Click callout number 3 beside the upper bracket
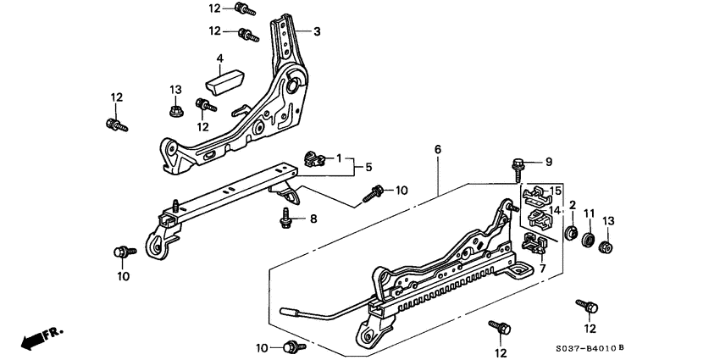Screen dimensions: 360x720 pos(317,32)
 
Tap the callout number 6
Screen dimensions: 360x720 pos(438,150)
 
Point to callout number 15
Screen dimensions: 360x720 pos(556,190)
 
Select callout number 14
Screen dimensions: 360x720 pos(556,209)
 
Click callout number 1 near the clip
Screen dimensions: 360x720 pos(339,158)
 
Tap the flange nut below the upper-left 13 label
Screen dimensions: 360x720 pos(176,110)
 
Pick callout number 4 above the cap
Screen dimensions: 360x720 pos(219,58)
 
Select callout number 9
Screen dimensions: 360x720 pos(548,162)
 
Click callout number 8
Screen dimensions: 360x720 pos(313,219)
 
